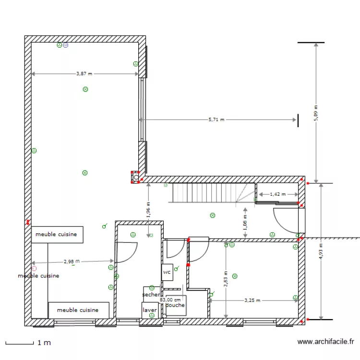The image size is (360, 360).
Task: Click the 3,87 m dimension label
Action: pos(84,74)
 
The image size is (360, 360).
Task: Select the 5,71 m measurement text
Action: pos(216,120)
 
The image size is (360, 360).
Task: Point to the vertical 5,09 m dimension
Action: pos(316,113)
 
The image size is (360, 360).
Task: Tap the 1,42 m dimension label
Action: pos(277,194)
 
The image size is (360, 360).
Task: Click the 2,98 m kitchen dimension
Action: pos(71,262)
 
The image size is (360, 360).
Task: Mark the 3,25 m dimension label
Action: pos(252,300)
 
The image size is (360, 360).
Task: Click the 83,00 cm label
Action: pos(170,300)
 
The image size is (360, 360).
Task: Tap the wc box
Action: pos(167,272)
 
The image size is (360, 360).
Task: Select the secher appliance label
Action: pos(151,294)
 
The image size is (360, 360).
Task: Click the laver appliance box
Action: pos(150,310)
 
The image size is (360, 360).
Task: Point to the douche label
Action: pos(175,305)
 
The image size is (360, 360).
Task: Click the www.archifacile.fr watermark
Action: pos(325,342)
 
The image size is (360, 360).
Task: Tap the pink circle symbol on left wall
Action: pos(34,268)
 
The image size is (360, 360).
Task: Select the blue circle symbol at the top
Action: pos(66,45)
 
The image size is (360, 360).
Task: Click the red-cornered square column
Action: pos(135,177)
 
